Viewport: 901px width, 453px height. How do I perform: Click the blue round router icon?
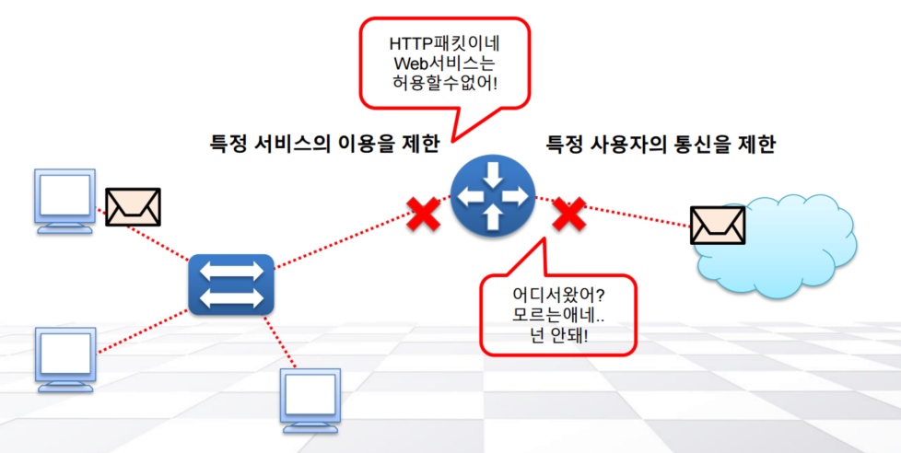tap(492, 195)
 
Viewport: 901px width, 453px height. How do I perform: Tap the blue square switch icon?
tap(230, 283)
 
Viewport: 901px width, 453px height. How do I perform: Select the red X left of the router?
tap(423, 215)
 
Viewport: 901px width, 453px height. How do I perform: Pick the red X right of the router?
tap(569, 215)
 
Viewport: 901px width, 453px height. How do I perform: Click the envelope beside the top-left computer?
tap(133, 207)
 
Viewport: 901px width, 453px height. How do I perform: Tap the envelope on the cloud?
tap(718, 225)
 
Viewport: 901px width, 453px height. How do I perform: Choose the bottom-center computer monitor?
tap(312, 399)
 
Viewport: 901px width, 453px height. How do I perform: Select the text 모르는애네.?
tap(556, 318)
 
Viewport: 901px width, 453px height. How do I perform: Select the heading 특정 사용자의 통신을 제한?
tap(661, 145)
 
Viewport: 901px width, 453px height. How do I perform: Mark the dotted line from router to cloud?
tap(636, 214)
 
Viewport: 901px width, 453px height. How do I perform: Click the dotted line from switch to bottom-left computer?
tap(143, 330)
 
